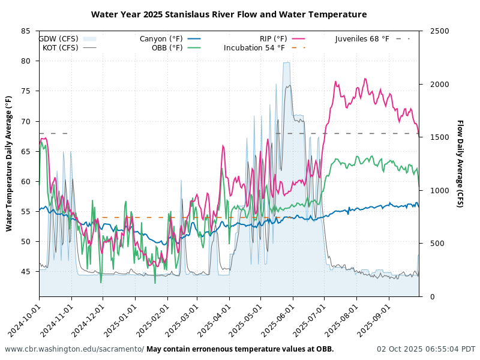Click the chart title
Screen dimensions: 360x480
229,14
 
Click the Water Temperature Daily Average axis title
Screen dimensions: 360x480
9,163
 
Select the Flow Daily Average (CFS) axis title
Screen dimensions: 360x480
460,163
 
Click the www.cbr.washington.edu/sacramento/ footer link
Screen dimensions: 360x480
74,349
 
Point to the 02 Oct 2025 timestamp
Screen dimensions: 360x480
426,349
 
